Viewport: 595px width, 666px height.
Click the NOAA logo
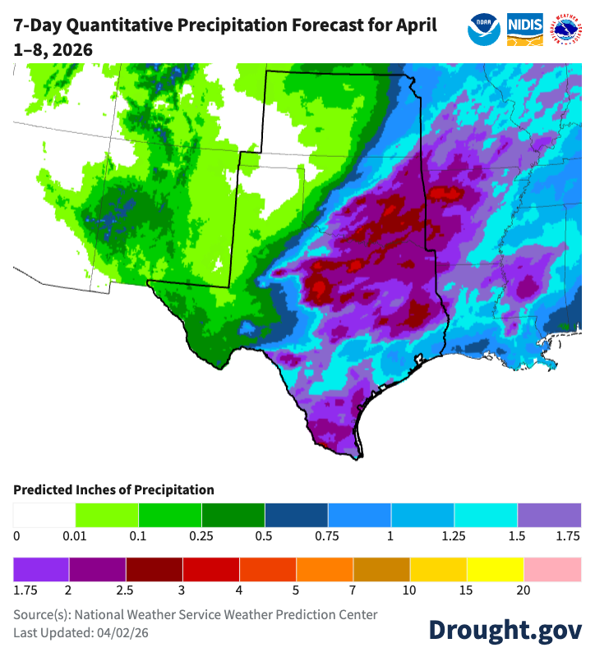point(484,29)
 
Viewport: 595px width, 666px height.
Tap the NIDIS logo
point(524,29)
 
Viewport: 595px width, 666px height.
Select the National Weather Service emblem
point(565,29)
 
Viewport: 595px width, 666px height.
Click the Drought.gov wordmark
point(505,629)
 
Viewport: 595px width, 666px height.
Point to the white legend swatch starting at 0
point(44,515)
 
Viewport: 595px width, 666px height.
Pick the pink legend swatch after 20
point(553,569)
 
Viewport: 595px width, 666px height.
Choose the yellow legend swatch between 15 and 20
point(496,569)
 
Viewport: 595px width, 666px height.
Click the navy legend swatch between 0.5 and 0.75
point(296,515)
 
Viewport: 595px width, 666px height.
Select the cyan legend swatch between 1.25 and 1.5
point(486,515)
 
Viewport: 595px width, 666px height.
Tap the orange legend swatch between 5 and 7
point(325,569)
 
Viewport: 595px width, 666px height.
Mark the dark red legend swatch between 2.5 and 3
point(155,569)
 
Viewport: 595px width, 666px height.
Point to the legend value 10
point(410,590)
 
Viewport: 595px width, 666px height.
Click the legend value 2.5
point(126,590)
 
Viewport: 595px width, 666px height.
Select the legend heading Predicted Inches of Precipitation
point(113,490)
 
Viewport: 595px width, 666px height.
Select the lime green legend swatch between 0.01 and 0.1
point(107,515)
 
